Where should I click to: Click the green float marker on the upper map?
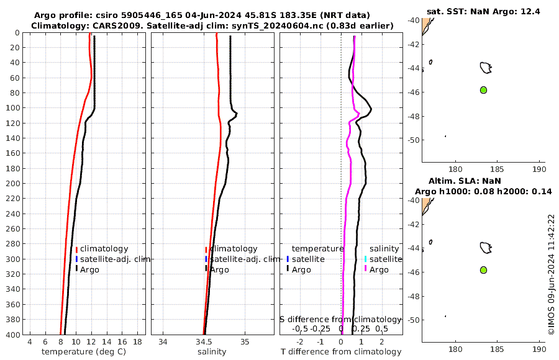pyautogui.click(x=483, y=90)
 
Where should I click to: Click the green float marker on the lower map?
pyautogui.click(x=483, y=270)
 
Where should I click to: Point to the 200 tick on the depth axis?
pyautogui.click(x=14, y=184)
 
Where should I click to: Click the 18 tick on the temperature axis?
pyautogui.click(x=137, y=342)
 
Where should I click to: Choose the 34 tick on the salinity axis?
pyautogui.click(x=163, y=342)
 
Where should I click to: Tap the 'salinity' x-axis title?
pyautogui.click(x=212, y=352)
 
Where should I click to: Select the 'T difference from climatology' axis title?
pyautogui.click(x=341, y=352)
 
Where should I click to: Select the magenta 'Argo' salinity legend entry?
pyautogui.click(x=378, y=269)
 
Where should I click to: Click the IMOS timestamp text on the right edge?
pyautogui.click(x=551, y=275)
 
